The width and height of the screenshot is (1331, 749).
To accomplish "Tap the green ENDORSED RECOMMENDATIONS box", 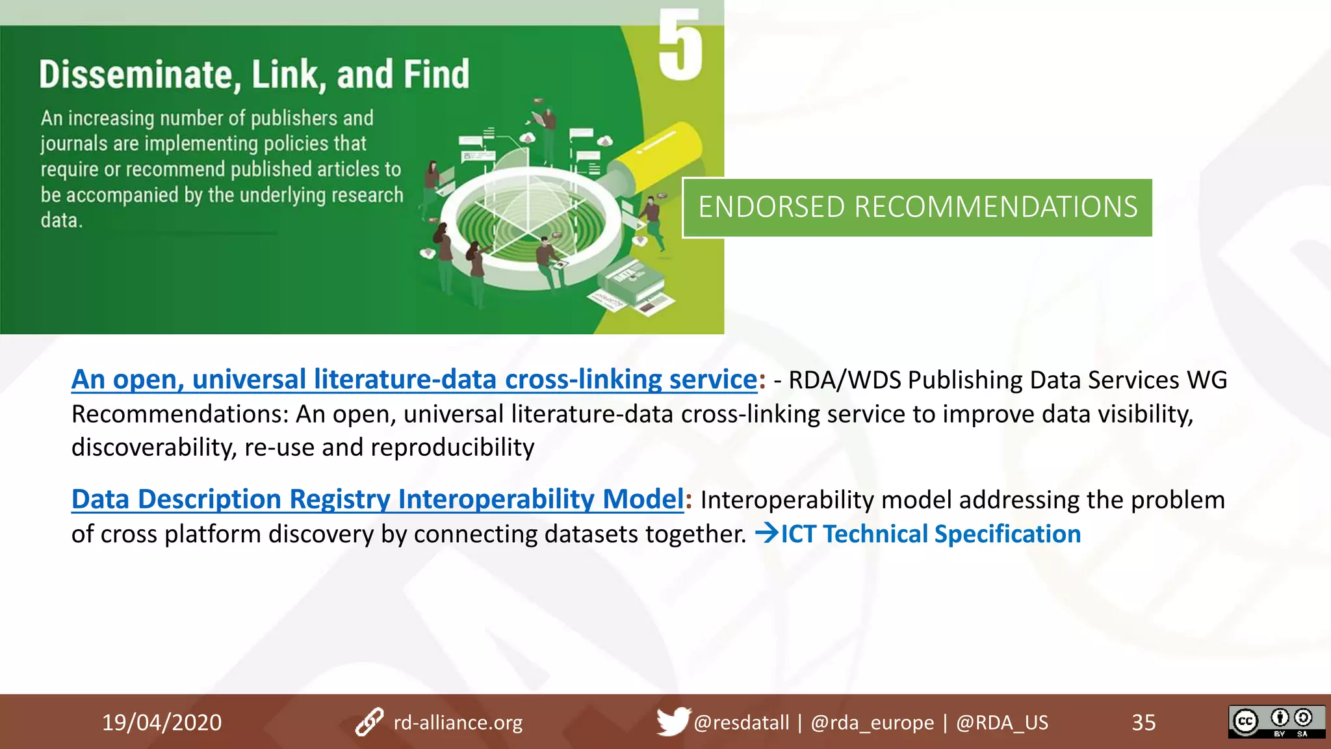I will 917,207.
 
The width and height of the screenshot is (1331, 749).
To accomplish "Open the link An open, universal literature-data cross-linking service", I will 414,380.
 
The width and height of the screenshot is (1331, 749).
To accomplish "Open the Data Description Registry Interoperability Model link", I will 377,499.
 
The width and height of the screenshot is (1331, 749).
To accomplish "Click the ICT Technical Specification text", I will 931,534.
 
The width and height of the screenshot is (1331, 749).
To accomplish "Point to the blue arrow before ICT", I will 766,534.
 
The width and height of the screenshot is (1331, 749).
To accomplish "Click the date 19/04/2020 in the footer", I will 162,722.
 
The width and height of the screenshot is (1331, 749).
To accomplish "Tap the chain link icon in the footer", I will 369,722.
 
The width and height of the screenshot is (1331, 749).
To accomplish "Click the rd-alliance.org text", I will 458,722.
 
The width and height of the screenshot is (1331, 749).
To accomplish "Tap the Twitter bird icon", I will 672,721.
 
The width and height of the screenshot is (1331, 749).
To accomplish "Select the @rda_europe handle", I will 872,722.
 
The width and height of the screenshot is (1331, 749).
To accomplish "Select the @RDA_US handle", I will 1001,722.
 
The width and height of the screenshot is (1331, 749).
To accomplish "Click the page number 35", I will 1143,722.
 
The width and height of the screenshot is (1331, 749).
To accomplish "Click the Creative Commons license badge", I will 1276,722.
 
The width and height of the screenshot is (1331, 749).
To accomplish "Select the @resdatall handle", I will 741,722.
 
